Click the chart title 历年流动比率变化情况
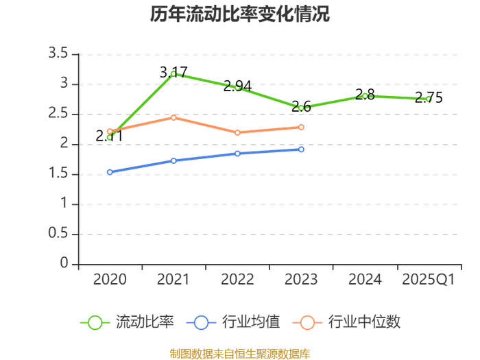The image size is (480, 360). click(x=240, y=14)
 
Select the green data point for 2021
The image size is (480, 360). click(x=173, y=73)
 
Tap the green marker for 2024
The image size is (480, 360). click(x=365, y=96)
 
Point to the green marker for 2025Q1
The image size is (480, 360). click(x=429, y=99)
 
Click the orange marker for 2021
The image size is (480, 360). click(x=173, y=117)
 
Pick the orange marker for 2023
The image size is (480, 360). click(x=301, y=127)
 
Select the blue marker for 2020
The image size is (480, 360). click(x=110, y=172)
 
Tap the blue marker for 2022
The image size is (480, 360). click(x=237, y=154)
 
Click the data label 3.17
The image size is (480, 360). click(x=173, y=73)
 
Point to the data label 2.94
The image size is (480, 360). click(x=237, y=86)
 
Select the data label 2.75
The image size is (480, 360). click(x=429, y=97)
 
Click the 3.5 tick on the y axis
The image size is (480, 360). click(x=58, y=53)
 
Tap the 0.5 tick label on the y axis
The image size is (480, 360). click(x=58, y=233)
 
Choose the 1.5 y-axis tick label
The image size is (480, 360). click(x=58, y=173)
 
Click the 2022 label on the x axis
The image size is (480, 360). click(x=237, y=280)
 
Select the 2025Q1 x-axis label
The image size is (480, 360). click(x=429, y=280)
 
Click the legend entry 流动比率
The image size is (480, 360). click(x=127, y=322)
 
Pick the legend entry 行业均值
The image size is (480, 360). click(x=233, y=322)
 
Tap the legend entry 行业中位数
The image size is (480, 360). click(x=346, y=322)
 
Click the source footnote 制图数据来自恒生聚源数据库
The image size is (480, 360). click(x=240, y=354)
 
